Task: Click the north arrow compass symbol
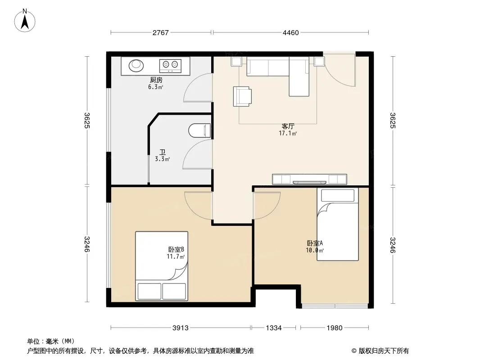coord(25,20)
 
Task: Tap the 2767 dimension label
coord(161,32)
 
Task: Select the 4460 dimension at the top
coord(290,32)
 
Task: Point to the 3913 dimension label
coord(180,328)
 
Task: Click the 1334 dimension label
coord(273,328)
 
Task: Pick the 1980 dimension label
coord(334,328)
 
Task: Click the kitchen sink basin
coord(136,65)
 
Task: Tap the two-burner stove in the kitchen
coord(170,66)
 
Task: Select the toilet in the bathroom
coord(199,130)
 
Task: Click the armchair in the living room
coord(242,96)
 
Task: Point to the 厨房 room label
coord(156,80)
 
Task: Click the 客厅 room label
coord(288,126)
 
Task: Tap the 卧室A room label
coord(315,243)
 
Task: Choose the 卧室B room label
coord(176,250)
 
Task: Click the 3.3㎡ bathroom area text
coord(162,159)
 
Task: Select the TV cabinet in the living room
coord(309,180)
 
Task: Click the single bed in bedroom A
coord(338,224)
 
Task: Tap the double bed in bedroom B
coord(162,266)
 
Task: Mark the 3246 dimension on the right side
coord(393,245)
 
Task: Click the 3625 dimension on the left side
coord(87,121)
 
